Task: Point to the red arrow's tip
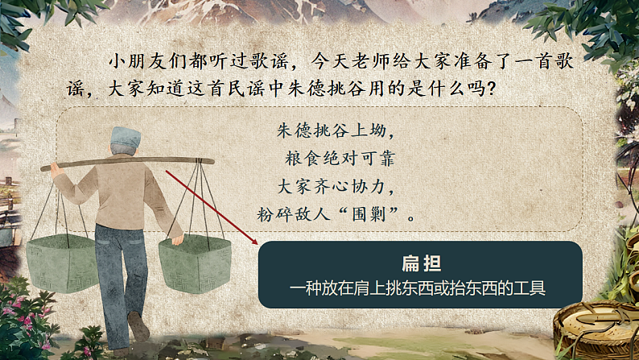[257, 243]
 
